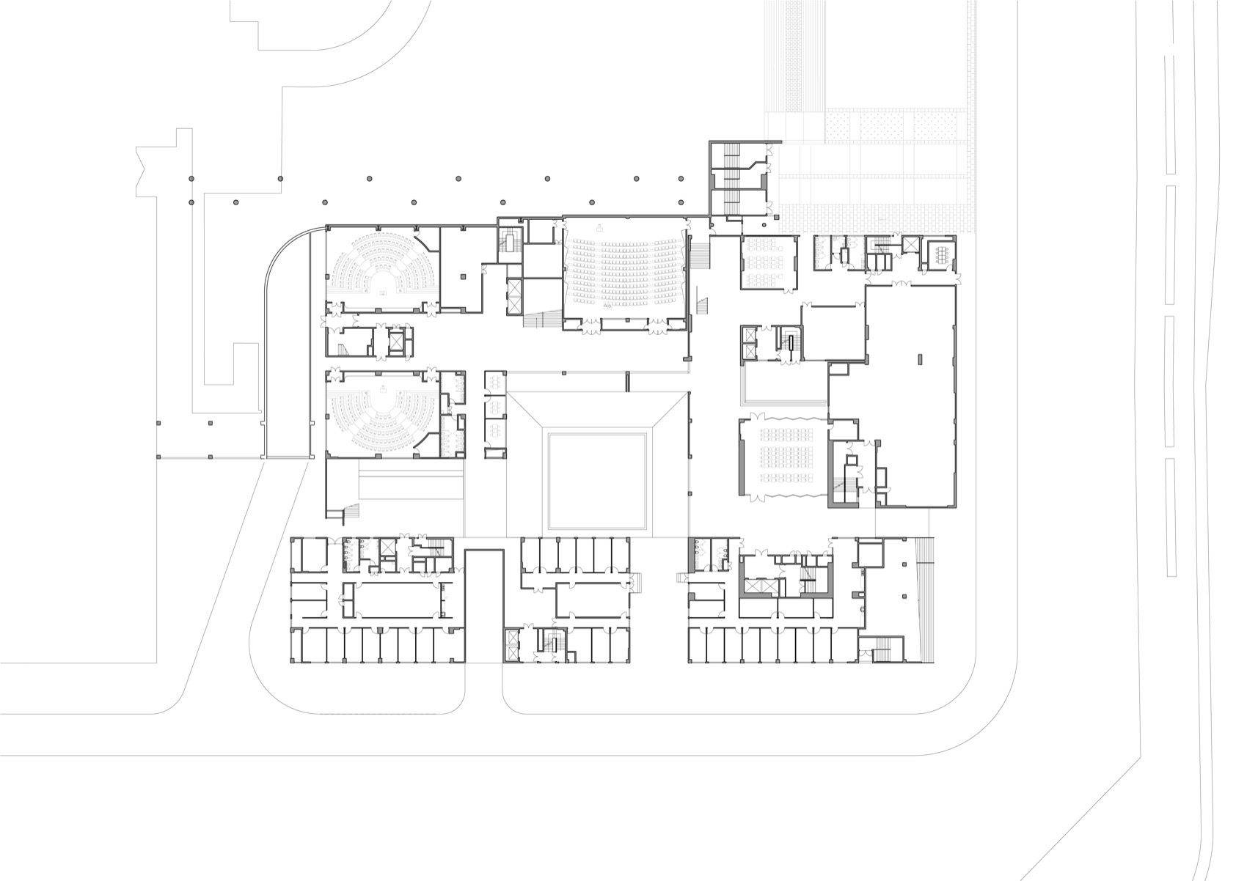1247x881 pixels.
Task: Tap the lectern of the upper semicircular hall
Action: pos(383,292)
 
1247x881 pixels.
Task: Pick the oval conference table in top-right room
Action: pos(942,254)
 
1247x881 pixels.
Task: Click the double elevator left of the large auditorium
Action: pos(516,296)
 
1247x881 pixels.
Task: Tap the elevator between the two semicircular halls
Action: pos(395,342)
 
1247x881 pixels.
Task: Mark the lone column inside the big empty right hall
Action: pos(920,359)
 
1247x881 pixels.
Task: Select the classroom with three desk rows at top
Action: pos(768,262)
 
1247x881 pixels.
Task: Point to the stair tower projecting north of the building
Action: pos(736,179)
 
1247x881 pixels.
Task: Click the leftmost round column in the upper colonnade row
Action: pos(191,178)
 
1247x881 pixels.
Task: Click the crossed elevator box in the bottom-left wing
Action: pos(388,559)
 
